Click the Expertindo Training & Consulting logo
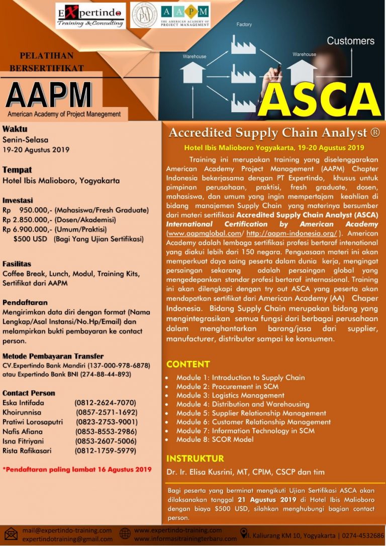[90, 16]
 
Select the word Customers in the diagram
[350, 41]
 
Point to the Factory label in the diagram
[244, 24]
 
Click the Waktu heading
[15, 129]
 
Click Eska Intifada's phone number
[105, 403]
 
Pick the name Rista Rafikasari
[27, 450]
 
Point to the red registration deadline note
[77, 470]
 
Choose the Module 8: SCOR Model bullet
[215, 439]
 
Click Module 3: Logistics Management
[230, 395]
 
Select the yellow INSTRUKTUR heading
[195, 459]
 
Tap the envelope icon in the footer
[11, 533]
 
